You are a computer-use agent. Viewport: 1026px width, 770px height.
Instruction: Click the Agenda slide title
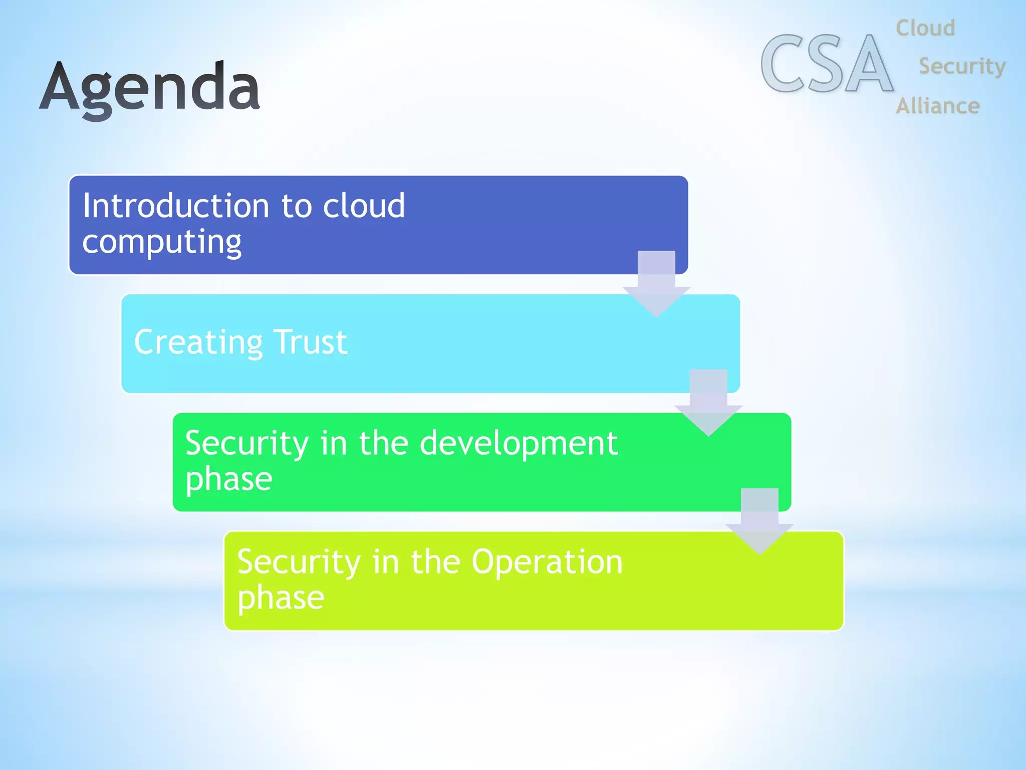pyautogui.click(x=150, y=88)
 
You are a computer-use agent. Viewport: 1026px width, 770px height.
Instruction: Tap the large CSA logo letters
pyautogui.click(x=827, y=64)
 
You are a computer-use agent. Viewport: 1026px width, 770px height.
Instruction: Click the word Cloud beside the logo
pyautogui.click(x=925, y=28)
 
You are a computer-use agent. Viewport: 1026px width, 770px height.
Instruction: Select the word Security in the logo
pyautogui.click(x=962, y=67)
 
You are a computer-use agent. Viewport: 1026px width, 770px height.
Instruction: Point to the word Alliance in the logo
pyautogui.click(x=937, y=106)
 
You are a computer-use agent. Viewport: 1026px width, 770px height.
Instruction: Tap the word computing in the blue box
pyautogui.click(x=162, y=243)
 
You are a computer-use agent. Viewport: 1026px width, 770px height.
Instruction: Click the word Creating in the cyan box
pyautogui.click(x=198, y=342)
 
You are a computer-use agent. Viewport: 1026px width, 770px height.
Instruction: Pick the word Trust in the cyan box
pyautogui.click(x=311, y=342)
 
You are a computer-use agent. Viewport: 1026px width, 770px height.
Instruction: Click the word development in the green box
pyautogui.click(x=519, y=444)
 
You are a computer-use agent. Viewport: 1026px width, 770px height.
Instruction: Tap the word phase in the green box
pyautogui.click(x=229, y=480)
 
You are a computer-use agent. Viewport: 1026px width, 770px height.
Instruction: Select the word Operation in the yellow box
pyautogui.click(x=547, y=562)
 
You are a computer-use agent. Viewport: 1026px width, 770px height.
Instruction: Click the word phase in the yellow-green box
pyautogui.click(x=281, y=598)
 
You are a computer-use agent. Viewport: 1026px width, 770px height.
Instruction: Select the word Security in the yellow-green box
pyautogui.click(x=299, y=562)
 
